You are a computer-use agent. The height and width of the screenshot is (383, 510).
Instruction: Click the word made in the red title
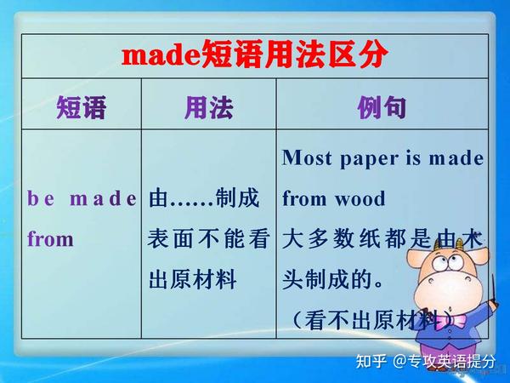pyautogui.click(x=159, y=56)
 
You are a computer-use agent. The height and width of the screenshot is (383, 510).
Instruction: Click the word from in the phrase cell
pyautogui.click(x=50, y=240)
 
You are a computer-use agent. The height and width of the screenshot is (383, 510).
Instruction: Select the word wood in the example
pyautogui.click(x=360, y=200)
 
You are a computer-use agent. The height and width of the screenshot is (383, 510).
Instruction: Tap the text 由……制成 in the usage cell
pyautogui.click(x=204, y=200)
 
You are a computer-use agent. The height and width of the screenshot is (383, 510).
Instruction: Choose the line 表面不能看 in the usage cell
pyautogui.click(x=208, y=240)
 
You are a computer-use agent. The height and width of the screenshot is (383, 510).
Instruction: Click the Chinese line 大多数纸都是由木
pyautogui.click(x=382, y=240)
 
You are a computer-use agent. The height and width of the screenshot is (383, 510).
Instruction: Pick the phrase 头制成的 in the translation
pyautogui.click(x=327, y=280)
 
